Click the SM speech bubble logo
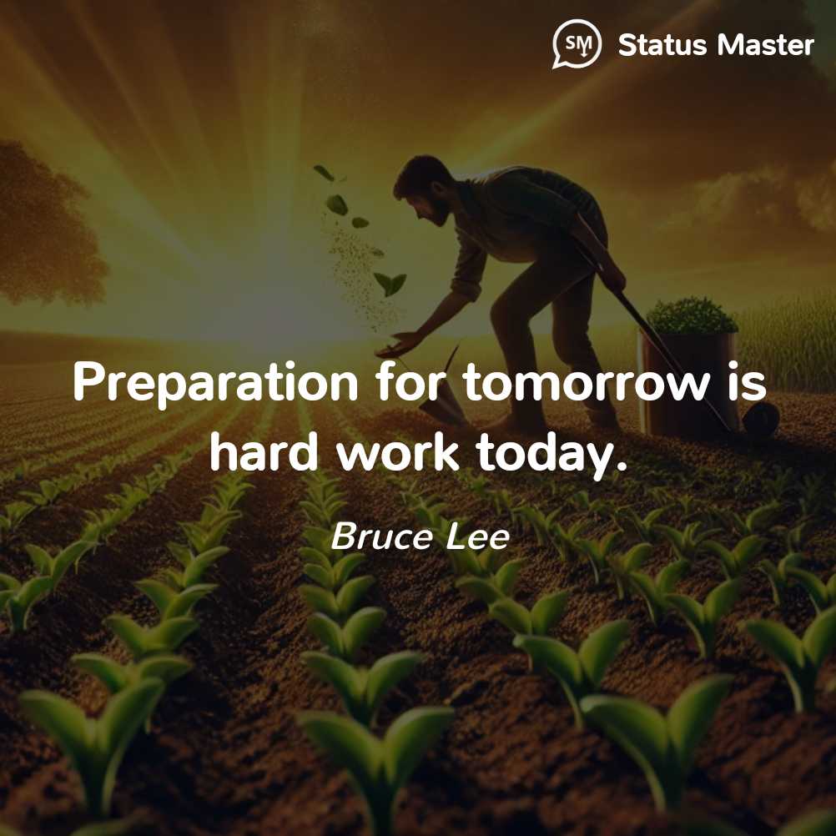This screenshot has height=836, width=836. click(x=577, y=43)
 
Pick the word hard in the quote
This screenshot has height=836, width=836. click(x=264, y=451)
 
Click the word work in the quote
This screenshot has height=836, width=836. click(x=398, y=451)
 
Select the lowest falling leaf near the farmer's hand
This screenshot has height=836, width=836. click(x=390, y=284)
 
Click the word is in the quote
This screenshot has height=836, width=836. click(x=748, y=382)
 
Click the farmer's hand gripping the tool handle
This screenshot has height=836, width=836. click(x=613, y=277)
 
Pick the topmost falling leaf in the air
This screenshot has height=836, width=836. click(x=324, y=172)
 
